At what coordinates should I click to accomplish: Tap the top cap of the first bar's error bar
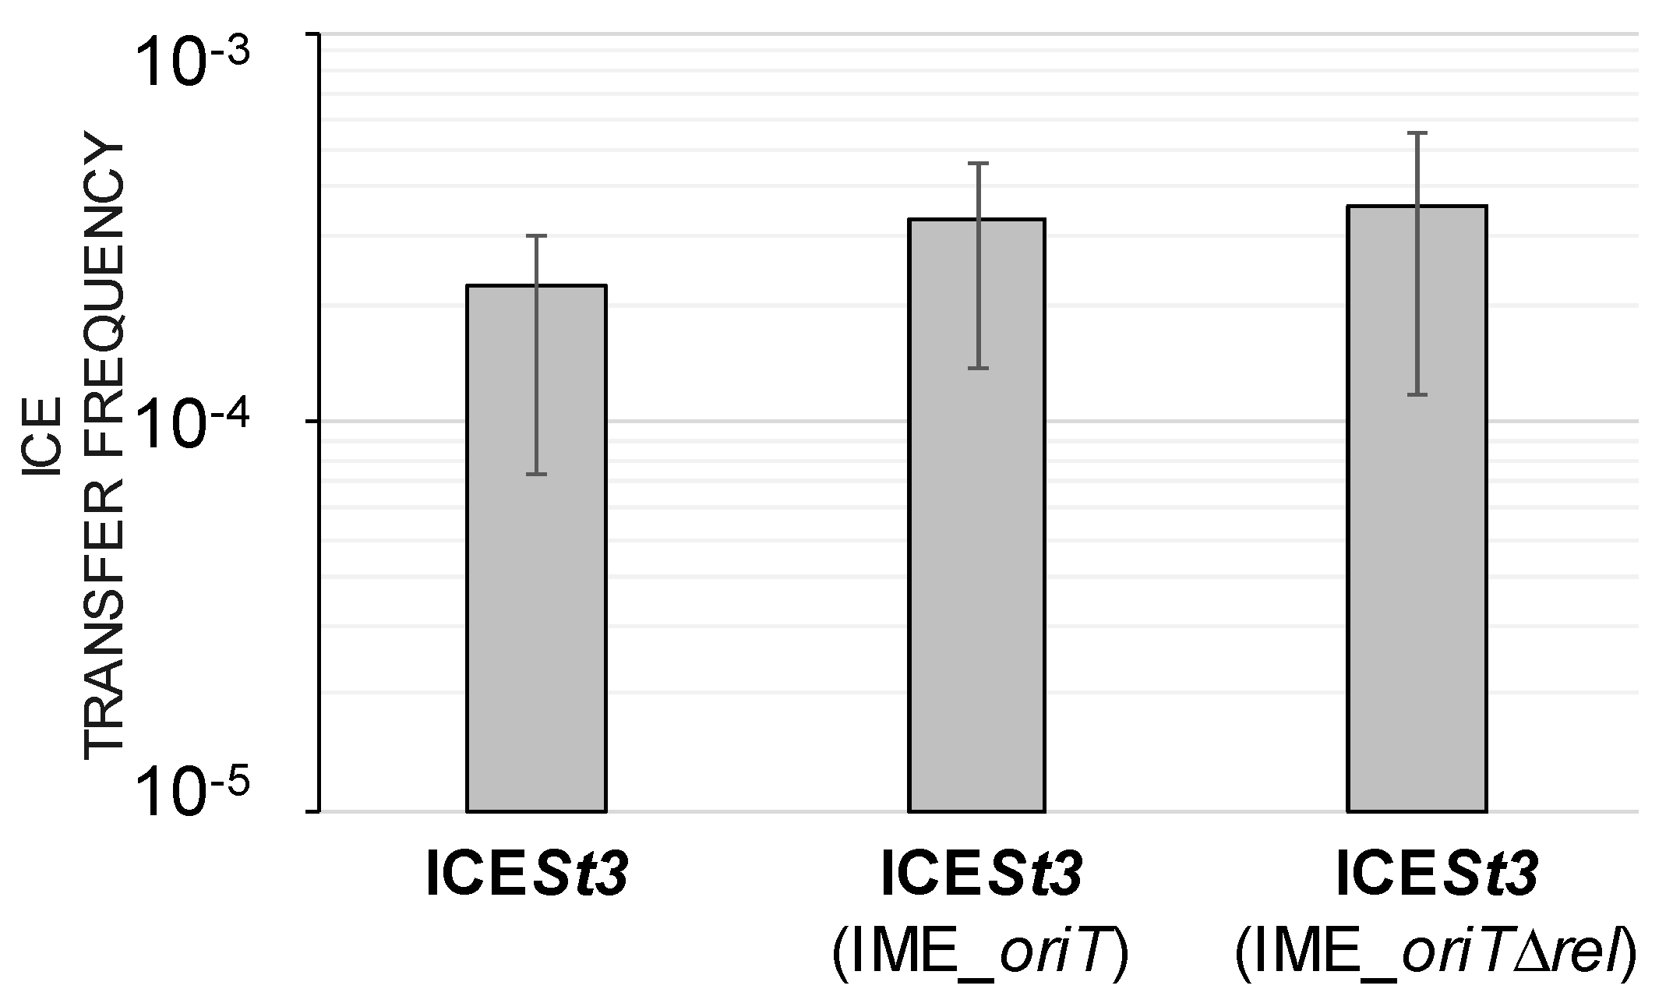point(536,235)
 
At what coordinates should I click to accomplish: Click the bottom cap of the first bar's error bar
point(536,474)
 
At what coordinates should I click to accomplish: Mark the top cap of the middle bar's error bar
point(976,163)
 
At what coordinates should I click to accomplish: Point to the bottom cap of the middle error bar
point(976,368)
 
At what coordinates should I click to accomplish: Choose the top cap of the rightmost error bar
point(1417,133)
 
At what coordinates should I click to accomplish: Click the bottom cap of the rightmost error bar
point(1417,395)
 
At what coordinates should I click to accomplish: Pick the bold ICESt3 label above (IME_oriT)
point(981,875)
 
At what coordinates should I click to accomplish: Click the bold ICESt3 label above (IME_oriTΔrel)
point(1436,875)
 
